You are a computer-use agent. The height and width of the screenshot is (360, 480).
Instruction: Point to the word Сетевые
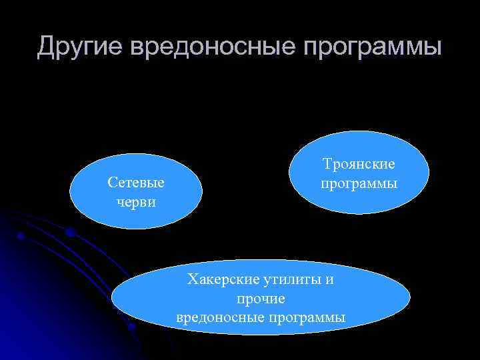coord(135,183)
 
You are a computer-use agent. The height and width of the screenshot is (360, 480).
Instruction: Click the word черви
coord(135,201)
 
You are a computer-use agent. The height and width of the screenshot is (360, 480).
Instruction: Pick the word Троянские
coord(359,164)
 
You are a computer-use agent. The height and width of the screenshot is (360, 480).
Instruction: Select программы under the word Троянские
coord(359,183)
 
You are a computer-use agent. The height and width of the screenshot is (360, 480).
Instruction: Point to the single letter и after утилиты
coord(330,279)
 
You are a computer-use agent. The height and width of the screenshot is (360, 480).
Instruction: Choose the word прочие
coord(261,298)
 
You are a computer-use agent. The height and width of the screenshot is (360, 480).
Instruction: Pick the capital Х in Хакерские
coord(193,279)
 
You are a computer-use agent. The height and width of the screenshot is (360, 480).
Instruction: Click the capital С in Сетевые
coord(111,183)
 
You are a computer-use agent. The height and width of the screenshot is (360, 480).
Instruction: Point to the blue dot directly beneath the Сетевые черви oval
coord(69,232)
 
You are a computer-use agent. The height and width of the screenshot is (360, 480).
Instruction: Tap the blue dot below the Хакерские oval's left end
coord(132,327)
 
